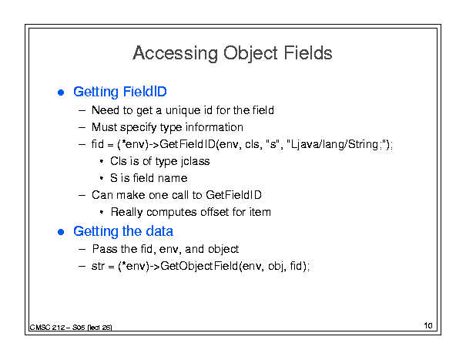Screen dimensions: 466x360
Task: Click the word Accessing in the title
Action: (x=175, y=53)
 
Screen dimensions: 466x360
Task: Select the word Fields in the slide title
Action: (x=308, y=53)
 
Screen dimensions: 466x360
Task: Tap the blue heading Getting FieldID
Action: (x=120, y=92)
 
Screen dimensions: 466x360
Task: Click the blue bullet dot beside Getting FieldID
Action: (x=61, y=93)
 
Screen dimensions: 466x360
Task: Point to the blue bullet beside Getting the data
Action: (x=61, y=232)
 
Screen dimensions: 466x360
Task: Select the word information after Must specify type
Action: (x=214, y=127)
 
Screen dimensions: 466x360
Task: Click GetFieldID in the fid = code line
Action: (x=187, y=144)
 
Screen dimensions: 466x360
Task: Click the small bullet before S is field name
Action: (x=102, y=178)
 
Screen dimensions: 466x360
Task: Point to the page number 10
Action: (x=428, y=325)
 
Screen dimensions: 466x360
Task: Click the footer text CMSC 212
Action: (x=48, y=328)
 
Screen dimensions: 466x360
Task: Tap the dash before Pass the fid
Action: (x=82, y=249)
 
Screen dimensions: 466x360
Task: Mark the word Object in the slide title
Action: (x=250, y=53)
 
